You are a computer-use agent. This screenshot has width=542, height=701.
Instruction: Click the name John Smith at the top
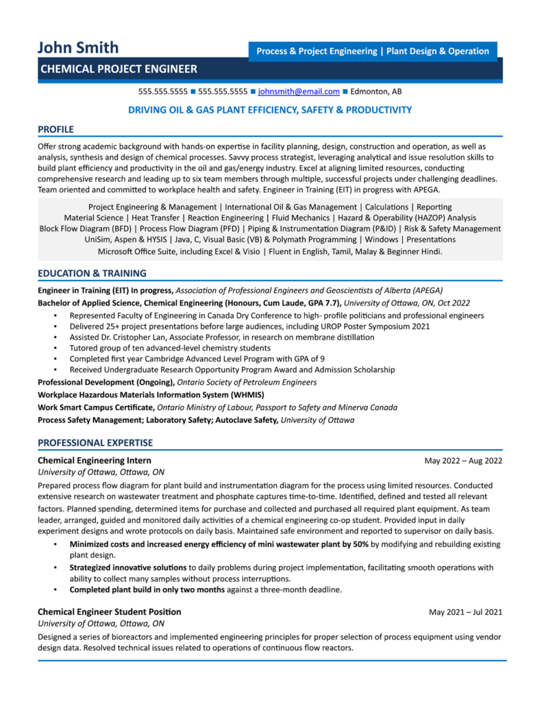tap(78, 48)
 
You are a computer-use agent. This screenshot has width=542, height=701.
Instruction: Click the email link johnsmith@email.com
tap(299, 91)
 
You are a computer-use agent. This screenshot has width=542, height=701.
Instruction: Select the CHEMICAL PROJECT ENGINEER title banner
tap(119, 68)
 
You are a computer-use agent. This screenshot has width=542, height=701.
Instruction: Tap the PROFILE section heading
tap(56, 129)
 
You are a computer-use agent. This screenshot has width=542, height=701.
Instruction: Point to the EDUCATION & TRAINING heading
tap(92, 273)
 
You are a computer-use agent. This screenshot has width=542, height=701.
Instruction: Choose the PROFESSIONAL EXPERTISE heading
tap(95, 443)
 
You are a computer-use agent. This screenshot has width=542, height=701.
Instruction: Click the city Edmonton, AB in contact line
tap(376, 91)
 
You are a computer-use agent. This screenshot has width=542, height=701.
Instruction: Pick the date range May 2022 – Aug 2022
tap(463, 461)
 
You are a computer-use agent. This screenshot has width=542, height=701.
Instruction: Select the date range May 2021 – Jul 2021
tap(466, 612)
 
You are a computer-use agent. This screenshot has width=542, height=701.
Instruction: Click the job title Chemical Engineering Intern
tap(95, 461)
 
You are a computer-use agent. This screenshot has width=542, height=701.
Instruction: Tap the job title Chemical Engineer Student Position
tap(110, 612)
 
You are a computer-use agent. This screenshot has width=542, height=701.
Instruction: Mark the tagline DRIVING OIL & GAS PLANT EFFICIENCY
tap(271, 110)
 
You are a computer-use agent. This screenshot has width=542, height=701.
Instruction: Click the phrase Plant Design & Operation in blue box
tap(438, 51)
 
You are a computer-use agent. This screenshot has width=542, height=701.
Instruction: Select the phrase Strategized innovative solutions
tap(128, 568)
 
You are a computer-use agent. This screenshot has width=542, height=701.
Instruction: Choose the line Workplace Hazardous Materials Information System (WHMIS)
tap(151, 395)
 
